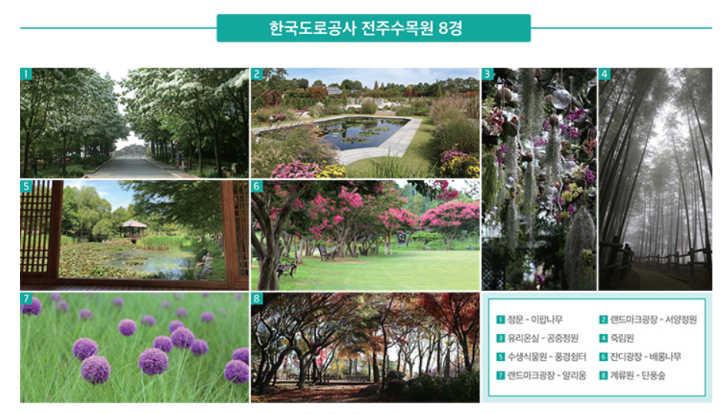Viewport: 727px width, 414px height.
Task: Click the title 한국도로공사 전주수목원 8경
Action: coord(366,28)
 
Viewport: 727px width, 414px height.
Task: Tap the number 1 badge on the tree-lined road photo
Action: coord(26,74)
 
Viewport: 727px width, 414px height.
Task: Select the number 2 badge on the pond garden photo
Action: coord(257,74)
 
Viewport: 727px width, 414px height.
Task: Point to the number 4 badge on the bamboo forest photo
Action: coord(605,74)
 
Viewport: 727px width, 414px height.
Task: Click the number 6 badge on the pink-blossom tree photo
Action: coord(257,186)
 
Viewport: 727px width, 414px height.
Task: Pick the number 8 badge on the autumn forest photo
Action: coord(257,299)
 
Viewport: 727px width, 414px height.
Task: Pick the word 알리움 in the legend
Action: coord(574,376)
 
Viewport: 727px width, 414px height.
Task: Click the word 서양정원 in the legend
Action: coord(681,319)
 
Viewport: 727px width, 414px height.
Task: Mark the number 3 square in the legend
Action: coord(501,338)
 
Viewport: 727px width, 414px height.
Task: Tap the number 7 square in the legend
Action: coord(501,376)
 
